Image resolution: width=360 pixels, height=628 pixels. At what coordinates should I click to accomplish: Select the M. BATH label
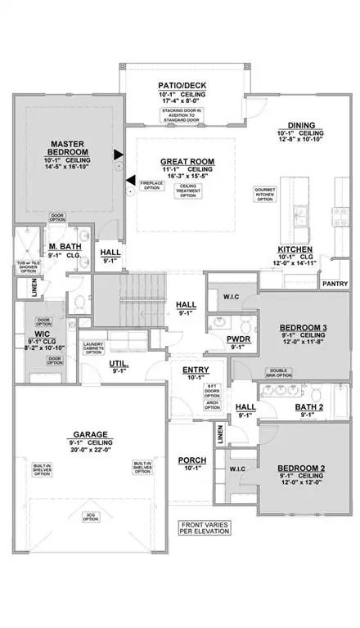(62, 246)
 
